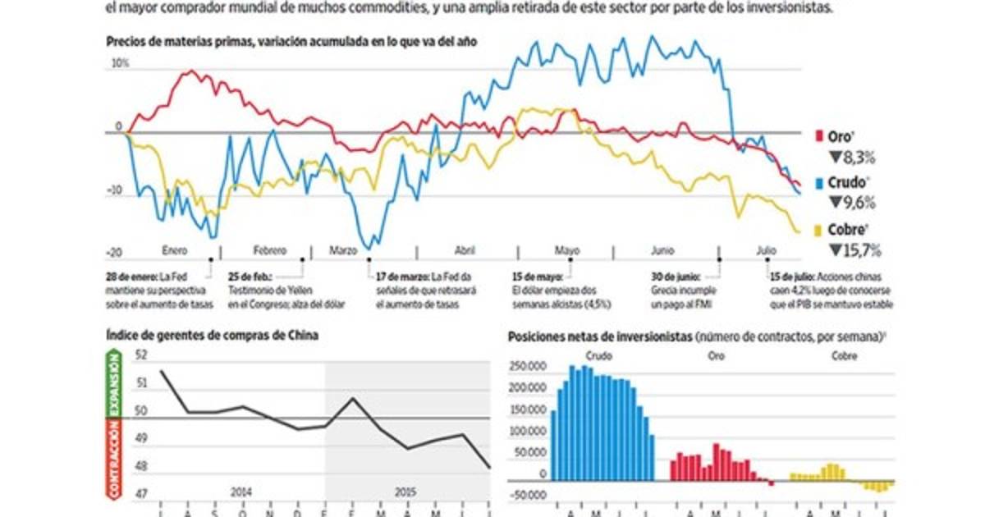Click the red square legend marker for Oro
coord(819,135)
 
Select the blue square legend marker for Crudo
coord(819,182)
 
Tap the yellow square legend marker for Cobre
coord(819,231)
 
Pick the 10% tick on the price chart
coord(120,63)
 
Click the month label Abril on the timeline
coord(464,249)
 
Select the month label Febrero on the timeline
coord(270,249)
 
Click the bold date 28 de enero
coord(131,276)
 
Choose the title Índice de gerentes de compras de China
coord(212,334)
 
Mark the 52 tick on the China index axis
coord(140,355)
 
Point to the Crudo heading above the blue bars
coord(598,356)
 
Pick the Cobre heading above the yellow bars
coord(845,356)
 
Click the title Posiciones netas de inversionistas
coord(600,336)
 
